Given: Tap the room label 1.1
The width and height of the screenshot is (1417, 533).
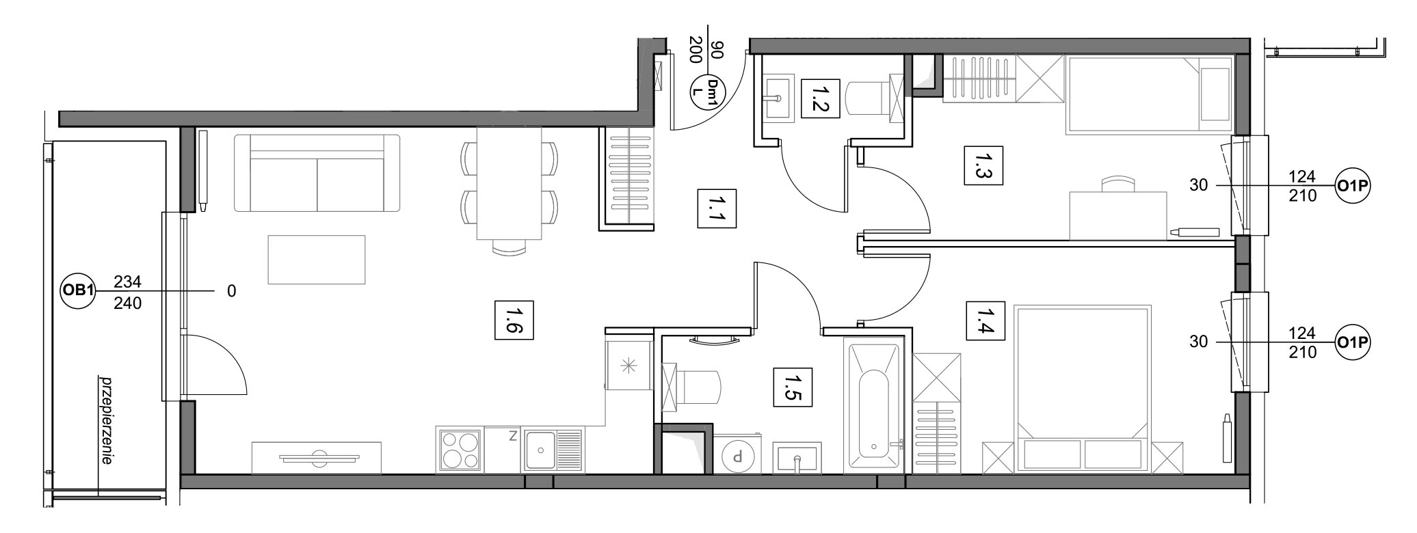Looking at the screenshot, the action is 715,208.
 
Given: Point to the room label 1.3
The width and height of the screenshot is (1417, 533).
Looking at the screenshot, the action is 983,165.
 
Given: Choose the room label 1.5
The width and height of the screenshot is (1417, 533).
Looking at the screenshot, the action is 792,387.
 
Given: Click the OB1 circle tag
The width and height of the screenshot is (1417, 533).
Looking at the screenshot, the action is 77,291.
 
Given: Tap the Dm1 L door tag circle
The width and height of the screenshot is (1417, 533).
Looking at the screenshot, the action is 705,92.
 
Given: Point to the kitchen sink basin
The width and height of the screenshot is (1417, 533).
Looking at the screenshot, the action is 540,450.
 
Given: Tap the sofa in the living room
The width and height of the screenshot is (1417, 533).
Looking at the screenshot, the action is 317,173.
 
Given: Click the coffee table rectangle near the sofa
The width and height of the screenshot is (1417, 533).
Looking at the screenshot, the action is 317,260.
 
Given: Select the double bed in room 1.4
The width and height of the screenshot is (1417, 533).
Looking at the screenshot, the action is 1082,389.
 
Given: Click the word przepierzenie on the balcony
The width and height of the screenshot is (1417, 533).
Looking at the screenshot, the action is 105,420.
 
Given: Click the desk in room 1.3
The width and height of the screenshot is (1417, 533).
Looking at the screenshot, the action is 1117,215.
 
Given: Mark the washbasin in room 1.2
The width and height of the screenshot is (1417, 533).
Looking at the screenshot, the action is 776,98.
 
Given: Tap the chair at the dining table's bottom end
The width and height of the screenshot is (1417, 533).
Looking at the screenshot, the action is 509,247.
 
